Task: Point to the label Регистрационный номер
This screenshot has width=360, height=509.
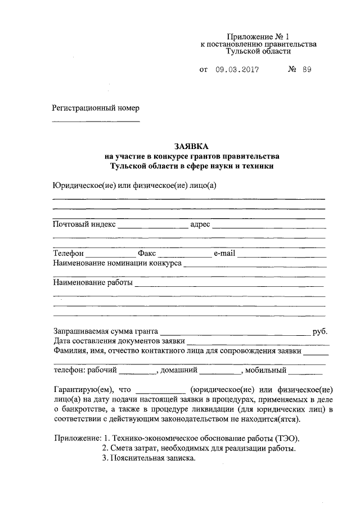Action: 95,107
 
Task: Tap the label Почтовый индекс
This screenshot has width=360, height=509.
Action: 84,224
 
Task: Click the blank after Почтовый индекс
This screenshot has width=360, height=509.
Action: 152,226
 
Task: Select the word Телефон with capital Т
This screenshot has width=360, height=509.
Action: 68,254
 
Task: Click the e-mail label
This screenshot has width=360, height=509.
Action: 224,254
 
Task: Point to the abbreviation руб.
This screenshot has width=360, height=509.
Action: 319,332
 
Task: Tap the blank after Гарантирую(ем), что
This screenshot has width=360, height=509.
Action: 161,391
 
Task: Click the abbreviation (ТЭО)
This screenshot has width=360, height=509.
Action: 288,438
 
